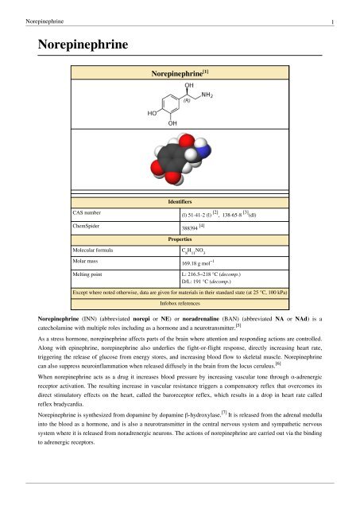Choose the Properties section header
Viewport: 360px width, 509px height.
179,238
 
